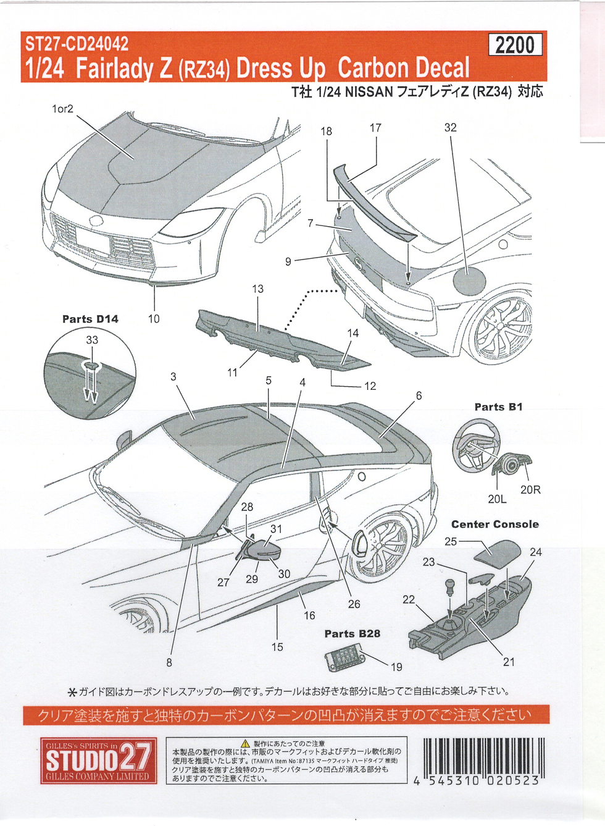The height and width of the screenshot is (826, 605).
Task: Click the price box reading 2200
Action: pyautogui.click(x=515, y=45)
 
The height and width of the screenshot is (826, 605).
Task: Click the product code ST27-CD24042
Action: pyautogui.click(x=77, y=44)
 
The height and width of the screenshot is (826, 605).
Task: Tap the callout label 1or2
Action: pyautogui.click(x=62, y=109)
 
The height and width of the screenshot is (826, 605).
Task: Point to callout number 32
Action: pyautogui.click(x=451, y=127)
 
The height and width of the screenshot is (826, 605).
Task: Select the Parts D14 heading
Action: pyautogui.click(x=90, y=319)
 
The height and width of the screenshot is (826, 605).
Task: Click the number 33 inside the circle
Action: pyautogui.click(x=92, y=340)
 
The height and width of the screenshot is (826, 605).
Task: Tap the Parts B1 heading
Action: pyautogui.click(x=498, y=407)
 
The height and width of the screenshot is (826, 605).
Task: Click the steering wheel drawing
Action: pyautogui.click(x=477, y=445)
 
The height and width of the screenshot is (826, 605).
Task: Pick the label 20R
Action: pyautogui.click(x=530, y=489)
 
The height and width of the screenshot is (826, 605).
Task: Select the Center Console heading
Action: pyautogui.click(x=494, y=524)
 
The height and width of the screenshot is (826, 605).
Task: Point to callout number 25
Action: pyautogui.click(x=451, y=541)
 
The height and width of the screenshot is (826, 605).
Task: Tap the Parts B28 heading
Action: pyautogui.click(x=352, y=633)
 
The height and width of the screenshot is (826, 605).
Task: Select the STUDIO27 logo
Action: pyautogui.click(x=99, y=760)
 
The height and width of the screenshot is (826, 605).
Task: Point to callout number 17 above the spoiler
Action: pyautogui.click(x=375, y=127)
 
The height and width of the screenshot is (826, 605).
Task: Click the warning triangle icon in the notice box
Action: pyautogui.click(x=245, y=743)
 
